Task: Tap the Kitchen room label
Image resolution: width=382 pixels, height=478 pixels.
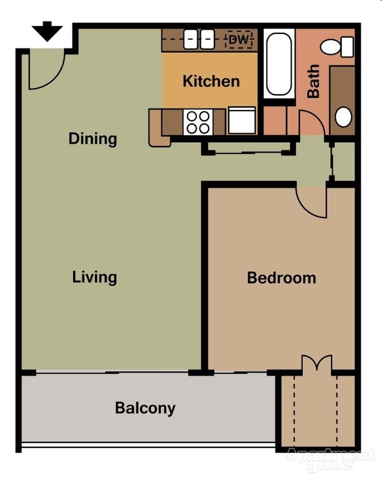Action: tap(211, 81)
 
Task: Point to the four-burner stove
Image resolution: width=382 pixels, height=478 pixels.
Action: tap(198, 121)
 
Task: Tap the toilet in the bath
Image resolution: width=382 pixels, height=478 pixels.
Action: tap(338, 46)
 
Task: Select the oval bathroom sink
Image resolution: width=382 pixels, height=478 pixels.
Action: tap(344, 117)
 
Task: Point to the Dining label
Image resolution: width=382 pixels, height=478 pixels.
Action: tap(93, 139)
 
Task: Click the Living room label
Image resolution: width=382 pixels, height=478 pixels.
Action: tap(95, 277)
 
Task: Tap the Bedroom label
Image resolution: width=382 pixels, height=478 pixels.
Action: tap(281, 278)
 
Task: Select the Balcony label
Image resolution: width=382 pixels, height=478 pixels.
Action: tap(145, 408)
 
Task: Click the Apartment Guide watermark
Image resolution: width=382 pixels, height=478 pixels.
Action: tap(331, 459)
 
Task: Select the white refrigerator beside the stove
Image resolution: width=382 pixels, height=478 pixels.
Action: tap(242, 121)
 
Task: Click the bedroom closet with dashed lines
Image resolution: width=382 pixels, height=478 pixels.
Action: tap(317, 411)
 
